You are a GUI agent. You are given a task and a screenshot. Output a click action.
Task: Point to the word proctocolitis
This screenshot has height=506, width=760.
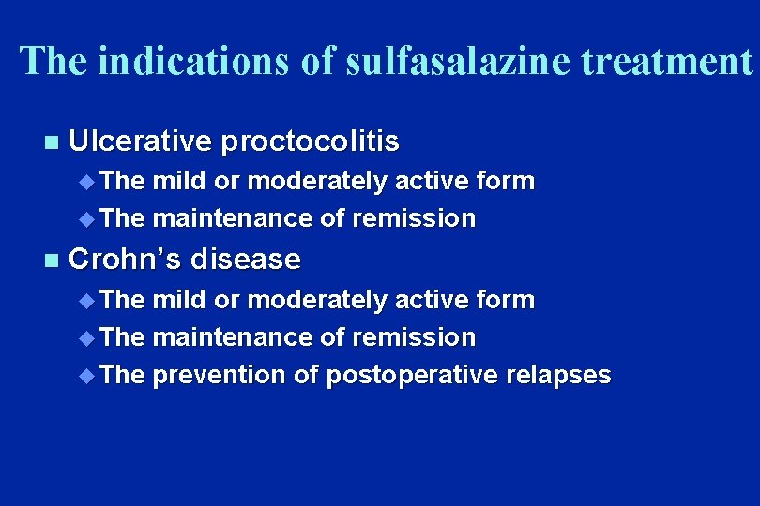pyautogui.click(x=311, y=141)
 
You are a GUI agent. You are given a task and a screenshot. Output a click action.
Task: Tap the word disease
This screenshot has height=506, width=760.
pyautogui.click(x=252, y=259)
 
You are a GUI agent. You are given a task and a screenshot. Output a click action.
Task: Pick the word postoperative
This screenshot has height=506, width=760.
pyautogui.click(x=411, y=376)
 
